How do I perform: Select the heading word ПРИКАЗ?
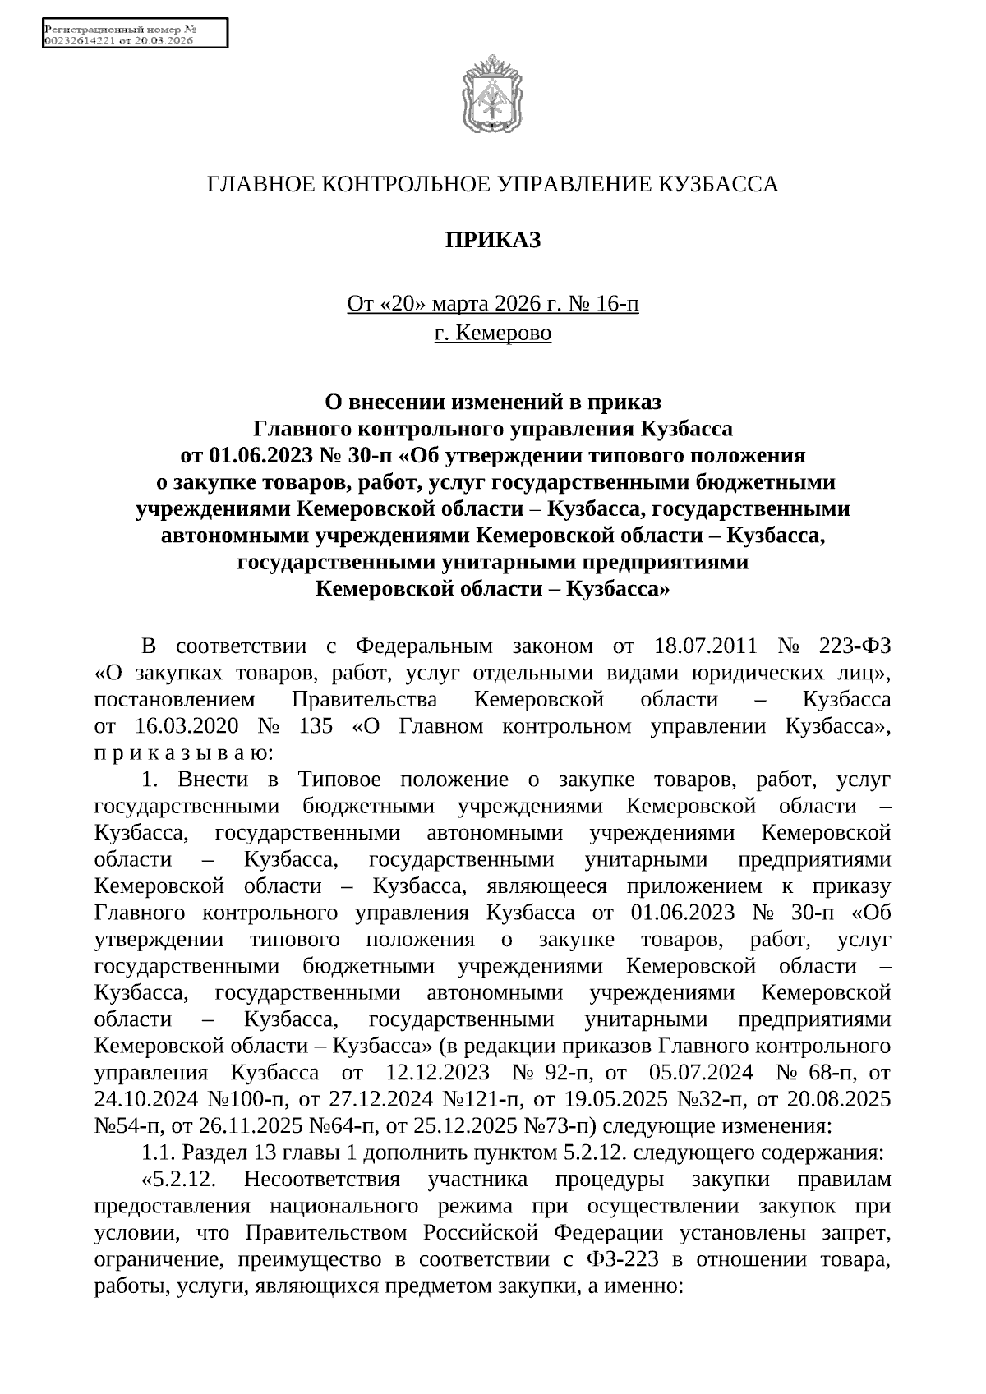point(492,241)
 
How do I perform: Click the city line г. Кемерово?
point(492,333)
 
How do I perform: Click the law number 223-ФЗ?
point(855,646)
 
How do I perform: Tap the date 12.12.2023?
point(437,1073)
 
